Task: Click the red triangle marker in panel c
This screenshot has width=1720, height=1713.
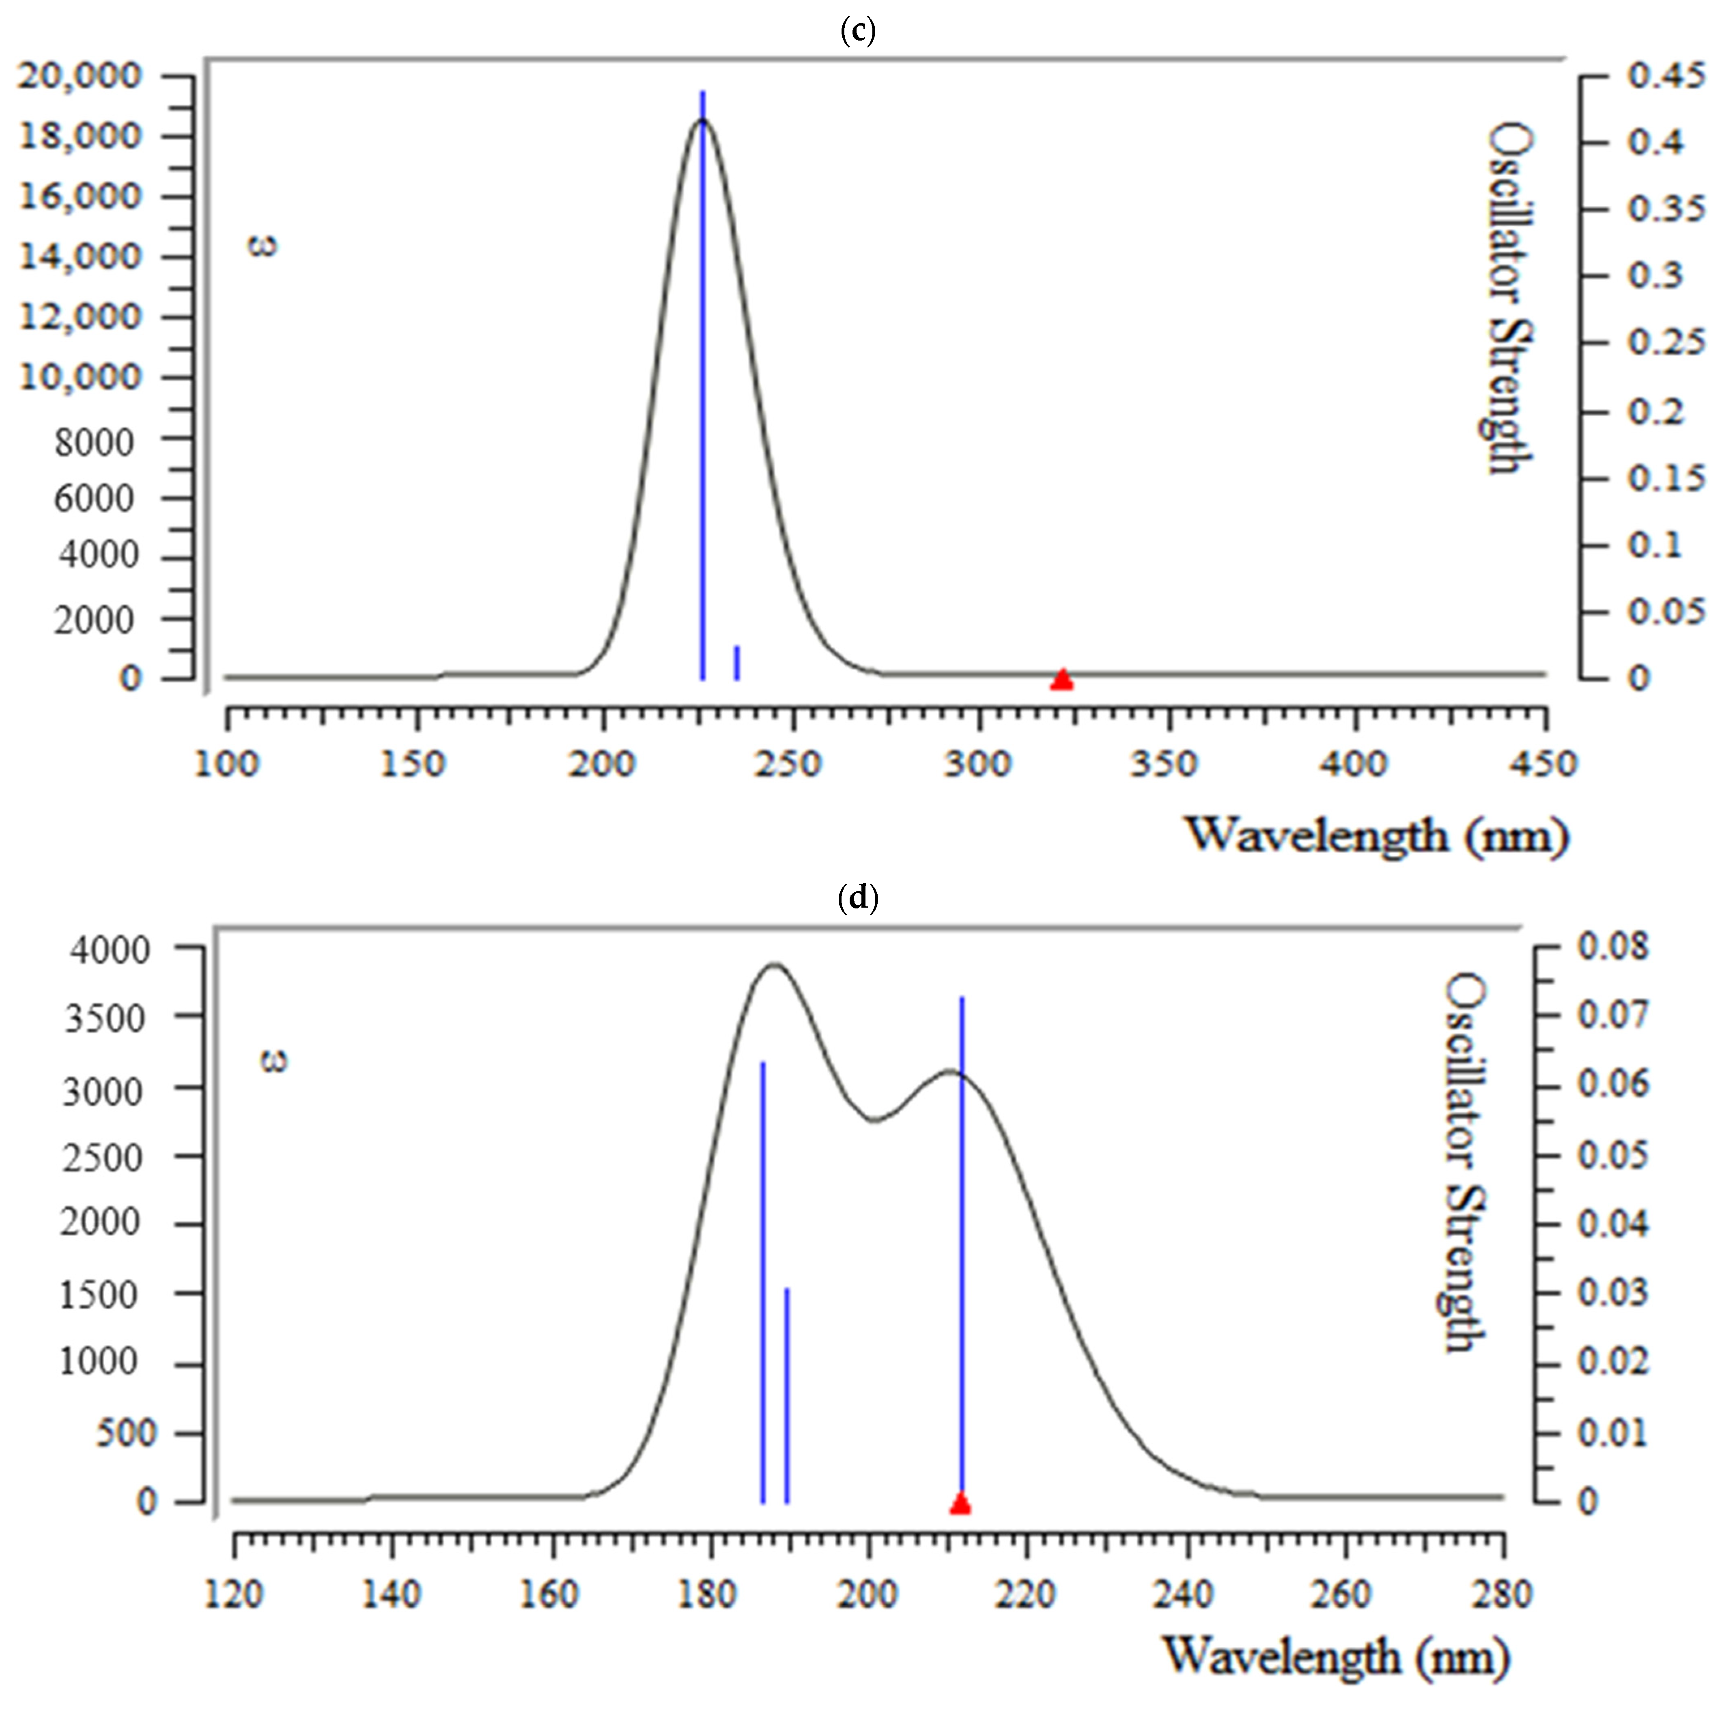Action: (x=1061, y=679)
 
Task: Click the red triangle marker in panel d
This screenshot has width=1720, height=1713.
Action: (x=960, y=1504)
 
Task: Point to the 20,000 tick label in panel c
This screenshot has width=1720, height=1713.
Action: (x=80, y=76)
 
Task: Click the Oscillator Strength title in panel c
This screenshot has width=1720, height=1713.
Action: (x=1511, y=298)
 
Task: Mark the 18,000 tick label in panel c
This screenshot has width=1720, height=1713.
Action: (x=80, y=136)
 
